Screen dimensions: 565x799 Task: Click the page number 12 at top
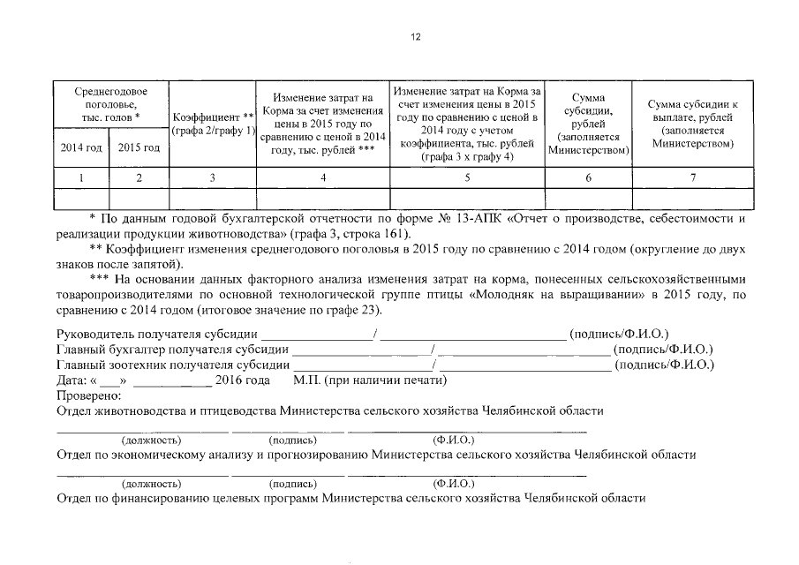click(x=416, y=36)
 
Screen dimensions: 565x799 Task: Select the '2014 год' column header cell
click(x=81, y=147)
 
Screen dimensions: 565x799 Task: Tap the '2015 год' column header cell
click(x=139, y=147)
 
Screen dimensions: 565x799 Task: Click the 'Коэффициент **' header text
click(x=213, y=117)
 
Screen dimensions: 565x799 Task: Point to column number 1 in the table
click(x=81, y=177)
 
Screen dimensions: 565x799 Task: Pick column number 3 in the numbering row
click(x=212, y=177)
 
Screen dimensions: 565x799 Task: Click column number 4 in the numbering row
click(x=323, y=177)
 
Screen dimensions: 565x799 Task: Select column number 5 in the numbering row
click(x=468, y=177)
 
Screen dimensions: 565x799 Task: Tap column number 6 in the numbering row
click(x=588, y=177)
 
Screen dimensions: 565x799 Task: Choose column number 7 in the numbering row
click(x=693, y=177)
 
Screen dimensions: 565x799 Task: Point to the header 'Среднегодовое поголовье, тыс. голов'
click(x=110, y=104)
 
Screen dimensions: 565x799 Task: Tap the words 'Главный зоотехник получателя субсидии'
click(x=172, y=365)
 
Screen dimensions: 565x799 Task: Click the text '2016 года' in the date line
click(x=243, y=380)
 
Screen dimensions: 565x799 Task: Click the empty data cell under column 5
click(x=468, y=199)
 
